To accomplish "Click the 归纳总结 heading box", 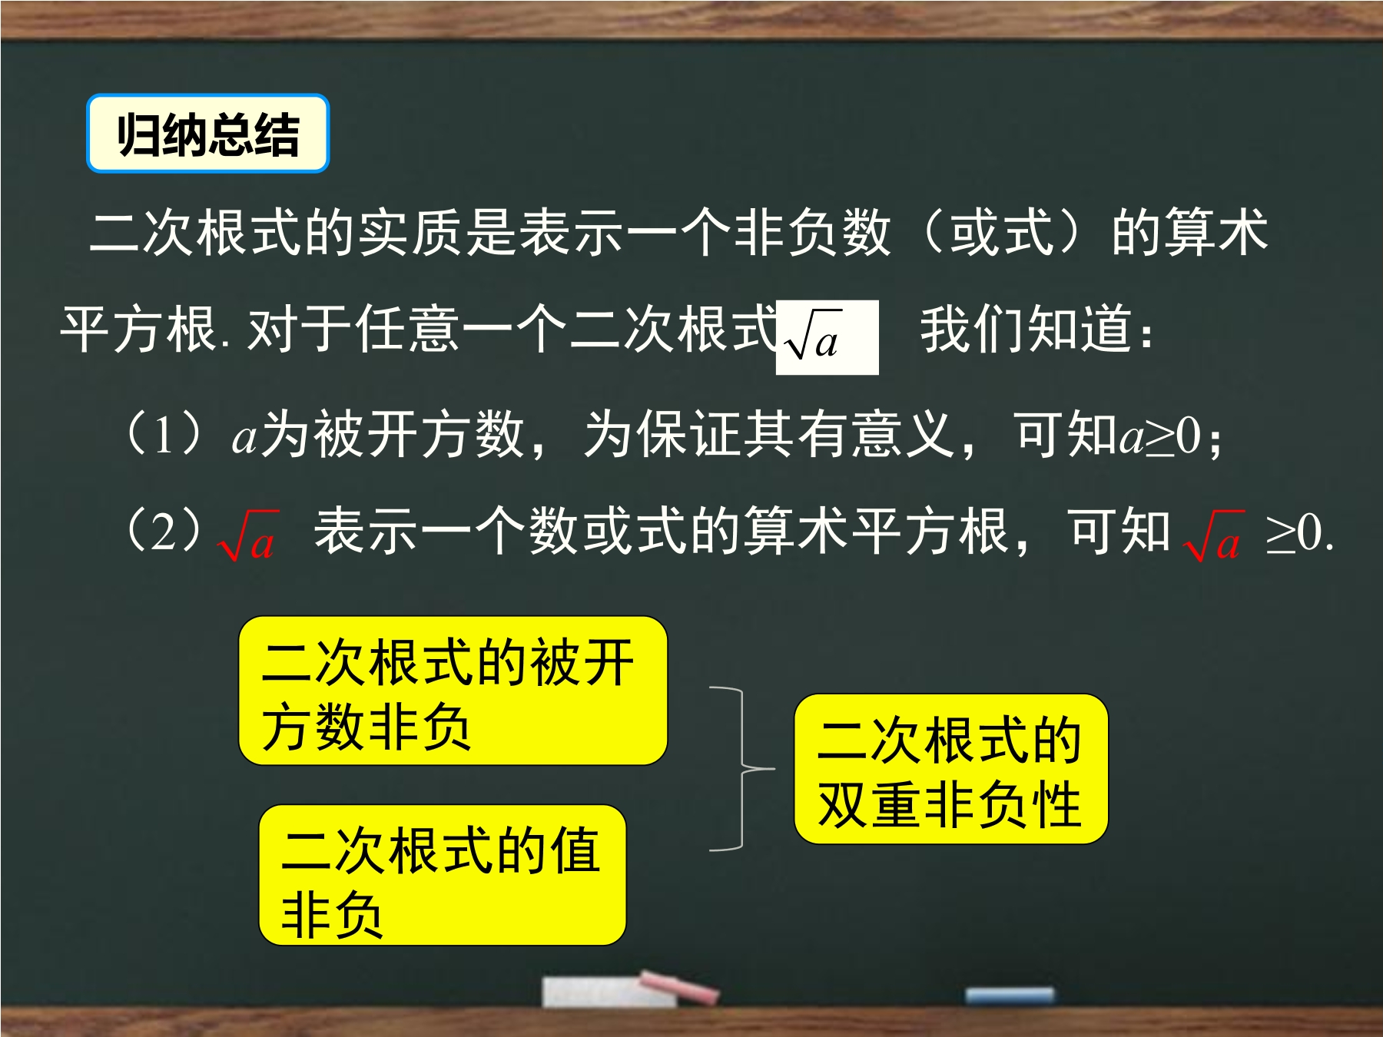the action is point(207,134).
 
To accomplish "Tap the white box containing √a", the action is point(827,337).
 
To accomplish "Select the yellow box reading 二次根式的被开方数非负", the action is point(453,691).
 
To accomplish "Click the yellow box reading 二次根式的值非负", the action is point(443,875).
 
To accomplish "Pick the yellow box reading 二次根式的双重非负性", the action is point(951,769).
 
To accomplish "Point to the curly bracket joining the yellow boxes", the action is point(742,768).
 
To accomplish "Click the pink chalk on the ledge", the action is point(679,986).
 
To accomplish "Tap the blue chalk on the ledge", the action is point(1010,996).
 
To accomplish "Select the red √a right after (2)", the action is point(247,535).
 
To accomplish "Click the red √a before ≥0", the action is point(1213,535).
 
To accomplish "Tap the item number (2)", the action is point(164,531).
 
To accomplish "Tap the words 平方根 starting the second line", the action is point(138,329).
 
